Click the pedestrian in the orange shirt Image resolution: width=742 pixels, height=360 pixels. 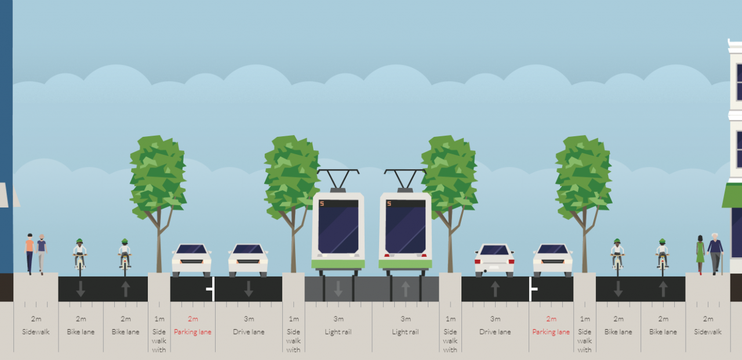point(30,254)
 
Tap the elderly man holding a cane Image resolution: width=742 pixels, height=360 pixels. point(715,254)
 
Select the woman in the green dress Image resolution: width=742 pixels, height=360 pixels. point(700,255)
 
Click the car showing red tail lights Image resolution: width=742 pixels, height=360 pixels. point(494,260)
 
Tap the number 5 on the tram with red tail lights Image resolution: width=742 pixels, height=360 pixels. point(389,203)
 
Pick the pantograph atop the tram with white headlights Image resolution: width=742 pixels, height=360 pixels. point(338,180)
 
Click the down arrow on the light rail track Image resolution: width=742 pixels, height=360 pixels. point(338,289)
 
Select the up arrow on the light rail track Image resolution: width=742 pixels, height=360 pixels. point(405,289)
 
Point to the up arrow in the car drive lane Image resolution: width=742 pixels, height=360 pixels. point(495,289)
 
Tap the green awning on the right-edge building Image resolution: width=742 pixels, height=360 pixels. point(732,195)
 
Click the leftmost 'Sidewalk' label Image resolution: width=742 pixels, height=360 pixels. point(36,332)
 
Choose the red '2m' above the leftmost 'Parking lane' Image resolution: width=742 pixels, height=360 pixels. point(193,319)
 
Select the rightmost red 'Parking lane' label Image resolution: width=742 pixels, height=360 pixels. point(551,332)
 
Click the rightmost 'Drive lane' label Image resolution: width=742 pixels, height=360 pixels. point(495,332)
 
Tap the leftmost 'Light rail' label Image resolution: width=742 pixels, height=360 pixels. point(338,332)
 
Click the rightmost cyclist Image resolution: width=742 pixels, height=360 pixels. point(662,257)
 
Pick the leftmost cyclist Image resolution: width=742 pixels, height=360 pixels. point(79,257)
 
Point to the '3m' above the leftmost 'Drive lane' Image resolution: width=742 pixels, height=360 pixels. point(249,319)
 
